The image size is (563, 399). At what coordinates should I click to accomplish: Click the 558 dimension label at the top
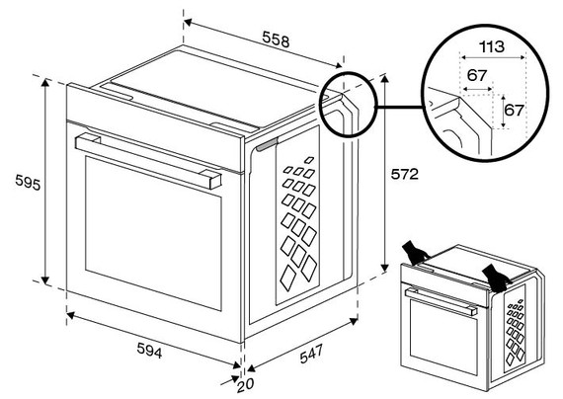point(275,40)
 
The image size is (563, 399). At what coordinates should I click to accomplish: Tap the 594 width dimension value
point(146,352)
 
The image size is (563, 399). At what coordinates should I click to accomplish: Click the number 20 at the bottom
point(245,385)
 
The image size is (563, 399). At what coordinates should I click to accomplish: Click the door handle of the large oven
point(148,160)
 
